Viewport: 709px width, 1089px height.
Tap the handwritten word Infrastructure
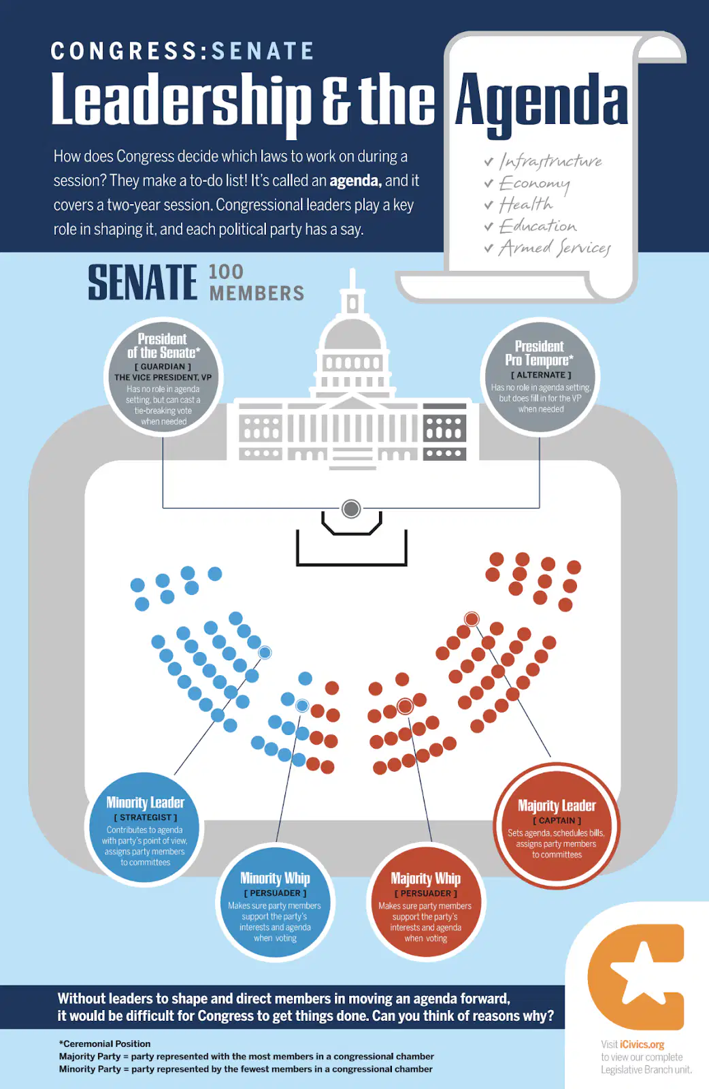[x=550, y=161]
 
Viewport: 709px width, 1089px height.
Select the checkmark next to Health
[x=489, y=205]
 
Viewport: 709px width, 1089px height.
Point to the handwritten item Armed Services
[x=555, y=248]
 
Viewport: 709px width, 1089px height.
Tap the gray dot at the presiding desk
[x=351, y=509]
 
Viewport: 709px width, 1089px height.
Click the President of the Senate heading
[x=163, y=345]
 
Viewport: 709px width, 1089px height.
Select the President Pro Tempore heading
[x=539, y=353]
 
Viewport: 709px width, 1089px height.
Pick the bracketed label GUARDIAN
[x=163, y=367]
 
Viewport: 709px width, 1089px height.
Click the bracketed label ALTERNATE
[x=540, y=375]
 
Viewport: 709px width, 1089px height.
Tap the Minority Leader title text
[x=146, y=802]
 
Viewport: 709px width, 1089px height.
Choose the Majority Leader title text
[x=557, y=806]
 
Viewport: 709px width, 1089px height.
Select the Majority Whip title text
[x=426, y=878]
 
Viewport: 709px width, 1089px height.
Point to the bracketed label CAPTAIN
[x=557, y=821]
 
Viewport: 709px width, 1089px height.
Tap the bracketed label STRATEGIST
[x=146, y=817]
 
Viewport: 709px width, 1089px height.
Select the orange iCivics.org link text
[x=642, y=1044]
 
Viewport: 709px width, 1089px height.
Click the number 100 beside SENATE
[x=226, y=272]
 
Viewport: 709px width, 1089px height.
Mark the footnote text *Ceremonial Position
[x=105, y=1044]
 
